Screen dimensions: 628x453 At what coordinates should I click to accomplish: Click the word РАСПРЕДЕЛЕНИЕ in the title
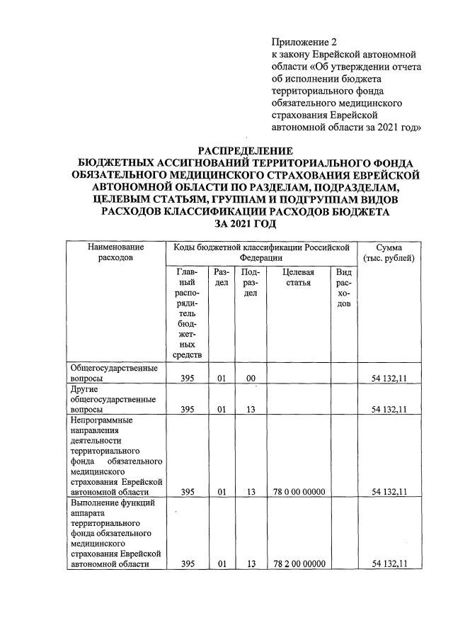coord(245,150)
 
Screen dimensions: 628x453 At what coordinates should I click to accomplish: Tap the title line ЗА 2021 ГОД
coord(245,223)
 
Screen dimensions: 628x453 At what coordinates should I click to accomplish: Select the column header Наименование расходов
coord(116,253)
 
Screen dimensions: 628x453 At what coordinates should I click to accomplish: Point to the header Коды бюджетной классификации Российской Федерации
coord(262,253)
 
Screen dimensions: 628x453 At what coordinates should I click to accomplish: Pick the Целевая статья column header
coord(297,277)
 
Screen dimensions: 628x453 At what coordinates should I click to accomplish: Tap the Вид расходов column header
coord(344,288)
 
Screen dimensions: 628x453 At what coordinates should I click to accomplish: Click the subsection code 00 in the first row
coord(250,379)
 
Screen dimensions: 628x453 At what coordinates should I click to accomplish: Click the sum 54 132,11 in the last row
coord(389,563)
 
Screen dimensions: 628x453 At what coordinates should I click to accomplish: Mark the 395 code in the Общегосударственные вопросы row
coord(188,379)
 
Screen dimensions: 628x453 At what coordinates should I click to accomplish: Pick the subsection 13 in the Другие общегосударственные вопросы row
coord(250,410)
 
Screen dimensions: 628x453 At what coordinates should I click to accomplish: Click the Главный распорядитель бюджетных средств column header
coord(188,313)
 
